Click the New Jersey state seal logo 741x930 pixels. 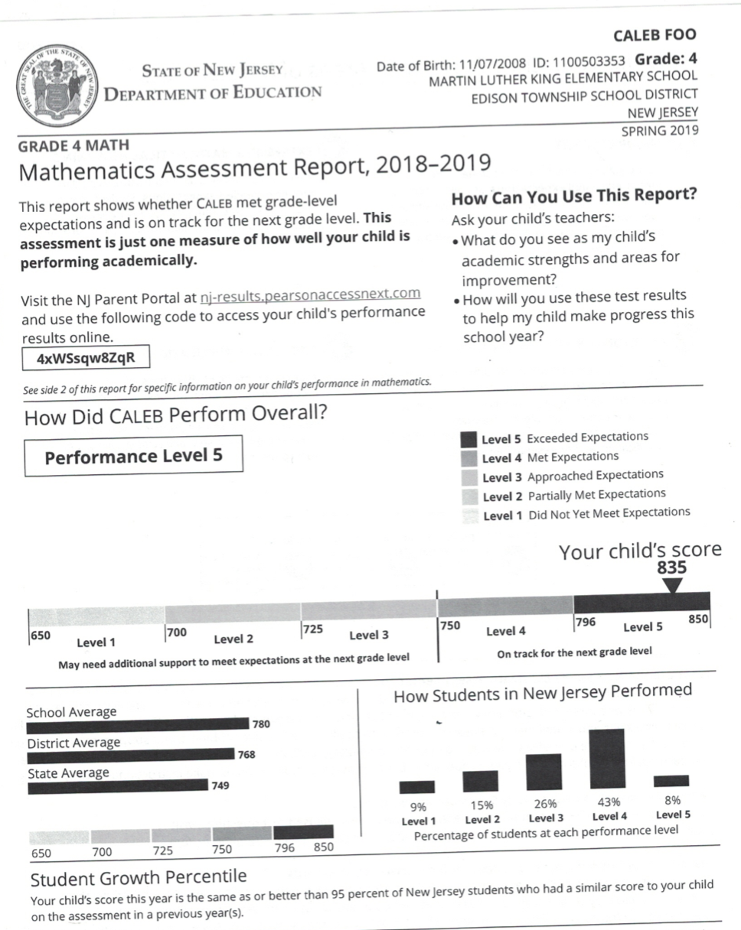(57, 86)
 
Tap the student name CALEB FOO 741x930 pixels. (655, 36)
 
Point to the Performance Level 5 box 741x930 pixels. (133, 457)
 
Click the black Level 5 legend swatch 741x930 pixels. (468, 439)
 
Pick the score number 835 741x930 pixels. (672, 568)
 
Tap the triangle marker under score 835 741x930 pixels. (672, 585)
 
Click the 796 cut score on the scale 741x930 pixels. (586, 623)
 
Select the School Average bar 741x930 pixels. (138, 725)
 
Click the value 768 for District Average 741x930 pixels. (246, 755)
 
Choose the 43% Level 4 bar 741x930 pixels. (606, 759)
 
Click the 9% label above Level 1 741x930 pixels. (418, 806)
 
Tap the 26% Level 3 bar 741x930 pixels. (544, 772)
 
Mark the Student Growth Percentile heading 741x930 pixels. (139, 876)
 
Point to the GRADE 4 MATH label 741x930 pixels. (74, 145)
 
